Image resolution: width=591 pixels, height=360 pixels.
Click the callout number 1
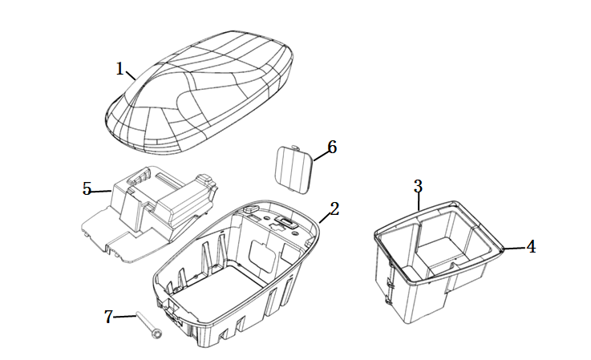[119, 69]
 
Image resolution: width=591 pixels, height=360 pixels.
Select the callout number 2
[334, 208]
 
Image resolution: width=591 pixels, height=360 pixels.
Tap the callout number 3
[418, 186]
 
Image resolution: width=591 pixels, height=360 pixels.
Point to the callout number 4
[531, 247]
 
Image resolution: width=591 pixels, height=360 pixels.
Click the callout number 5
[87, 189]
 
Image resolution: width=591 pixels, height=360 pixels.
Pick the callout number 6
[332, 147]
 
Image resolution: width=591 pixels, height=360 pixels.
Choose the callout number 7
[108, 317]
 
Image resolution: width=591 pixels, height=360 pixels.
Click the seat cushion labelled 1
[200, 92]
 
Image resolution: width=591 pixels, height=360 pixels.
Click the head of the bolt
[157, 334]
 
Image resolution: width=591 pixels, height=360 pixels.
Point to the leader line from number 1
[131, 75]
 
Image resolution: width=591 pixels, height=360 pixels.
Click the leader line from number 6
[321, 155]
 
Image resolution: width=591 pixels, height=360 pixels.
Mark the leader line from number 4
[515, 248]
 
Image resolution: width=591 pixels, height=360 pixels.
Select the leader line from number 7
[124, 317]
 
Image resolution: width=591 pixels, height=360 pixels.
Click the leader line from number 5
[100, 192]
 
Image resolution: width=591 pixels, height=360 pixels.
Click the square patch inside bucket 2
[262, 257]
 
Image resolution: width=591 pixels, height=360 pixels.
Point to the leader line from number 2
[324, 218]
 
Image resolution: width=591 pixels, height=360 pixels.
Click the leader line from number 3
[419, 202]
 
